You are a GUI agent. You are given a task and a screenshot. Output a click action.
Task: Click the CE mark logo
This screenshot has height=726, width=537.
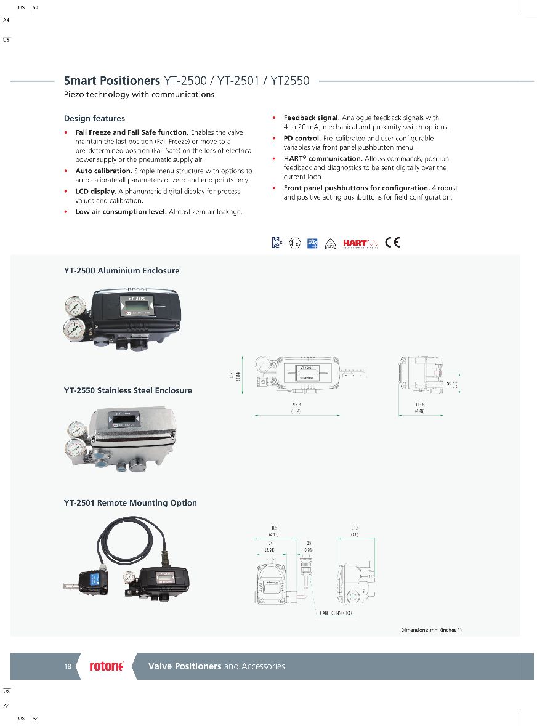click(x=392, y=242)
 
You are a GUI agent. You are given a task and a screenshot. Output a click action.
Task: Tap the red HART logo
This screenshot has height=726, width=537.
click(x=356, y=242)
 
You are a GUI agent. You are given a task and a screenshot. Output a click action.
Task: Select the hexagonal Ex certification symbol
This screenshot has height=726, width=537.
click(x=295, y=243)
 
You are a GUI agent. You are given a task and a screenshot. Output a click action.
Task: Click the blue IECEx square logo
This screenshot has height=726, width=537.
click(x=312, y=242)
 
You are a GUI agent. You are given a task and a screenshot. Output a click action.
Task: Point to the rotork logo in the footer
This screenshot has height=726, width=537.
click(x=107, y=666)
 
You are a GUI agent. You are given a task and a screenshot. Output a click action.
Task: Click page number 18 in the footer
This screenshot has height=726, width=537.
click(x=68, y=666)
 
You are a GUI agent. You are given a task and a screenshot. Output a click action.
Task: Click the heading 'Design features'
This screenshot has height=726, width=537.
click(x=94, y=118)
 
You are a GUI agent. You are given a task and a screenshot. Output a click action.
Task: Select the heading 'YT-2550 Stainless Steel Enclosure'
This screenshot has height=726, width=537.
click(x=128, y=390)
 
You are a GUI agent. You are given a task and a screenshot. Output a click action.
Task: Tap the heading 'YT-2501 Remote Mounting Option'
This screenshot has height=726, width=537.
click(x=131, y=502)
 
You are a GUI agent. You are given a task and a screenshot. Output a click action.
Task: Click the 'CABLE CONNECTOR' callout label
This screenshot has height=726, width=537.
click(x=336, y=613)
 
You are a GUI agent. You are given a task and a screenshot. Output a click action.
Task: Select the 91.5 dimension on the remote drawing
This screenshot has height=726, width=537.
click(x=355, y=528)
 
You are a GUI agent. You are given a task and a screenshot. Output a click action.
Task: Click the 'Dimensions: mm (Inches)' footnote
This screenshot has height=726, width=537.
click(x=431, y=630)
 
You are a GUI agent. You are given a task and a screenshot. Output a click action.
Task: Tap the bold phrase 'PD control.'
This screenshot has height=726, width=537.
click(x=302, y=139)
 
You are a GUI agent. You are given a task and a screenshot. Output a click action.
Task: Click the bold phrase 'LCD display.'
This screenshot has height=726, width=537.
click(x=95, y=192)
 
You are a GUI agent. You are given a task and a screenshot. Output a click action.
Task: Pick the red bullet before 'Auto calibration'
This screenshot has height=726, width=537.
click(x=67, y=171)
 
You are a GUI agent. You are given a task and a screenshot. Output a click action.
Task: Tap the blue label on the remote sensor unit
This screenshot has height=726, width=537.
click(x=95, y=579)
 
